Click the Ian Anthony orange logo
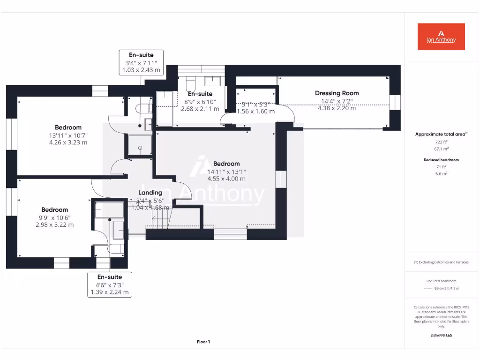(441, 37)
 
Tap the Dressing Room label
(337, 93)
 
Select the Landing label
(150, 193)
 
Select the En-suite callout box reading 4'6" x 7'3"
(109, 285)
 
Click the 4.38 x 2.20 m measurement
(337, 108)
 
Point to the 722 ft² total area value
(441, 142)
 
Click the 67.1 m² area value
(441, 149)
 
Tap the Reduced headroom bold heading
(441, 160)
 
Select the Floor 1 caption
(203, 342)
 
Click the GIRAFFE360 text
(441, 336)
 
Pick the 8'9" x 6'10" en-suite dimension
(200, 102)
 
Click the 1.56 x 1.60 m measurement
(255, 112)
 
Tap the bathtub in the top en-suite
(164, 109)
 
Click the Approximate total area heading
(440, 134)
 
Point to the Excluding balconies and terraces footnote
(441, 262)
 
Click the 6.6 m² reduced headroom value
(441, 173)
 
